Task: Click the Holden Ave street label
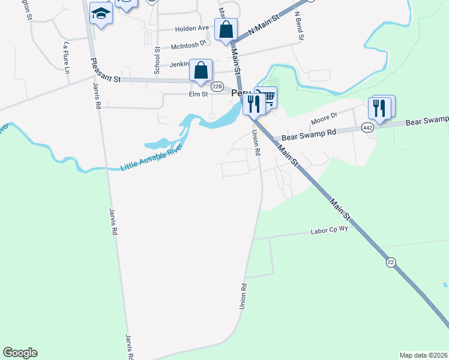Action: click(191, 28)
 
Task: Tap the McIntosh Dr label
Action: click(188, 44)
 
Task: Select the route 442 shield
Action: click(368, 127)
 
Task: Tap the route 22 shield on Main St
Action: click(391, 262)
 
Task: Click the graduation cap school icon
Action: click(101, 13)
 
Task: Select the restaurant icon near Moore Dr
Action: click(380, 108)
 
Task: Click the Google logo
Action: click(20, 353)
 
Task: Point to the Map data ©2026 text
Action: click(424, 355)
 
